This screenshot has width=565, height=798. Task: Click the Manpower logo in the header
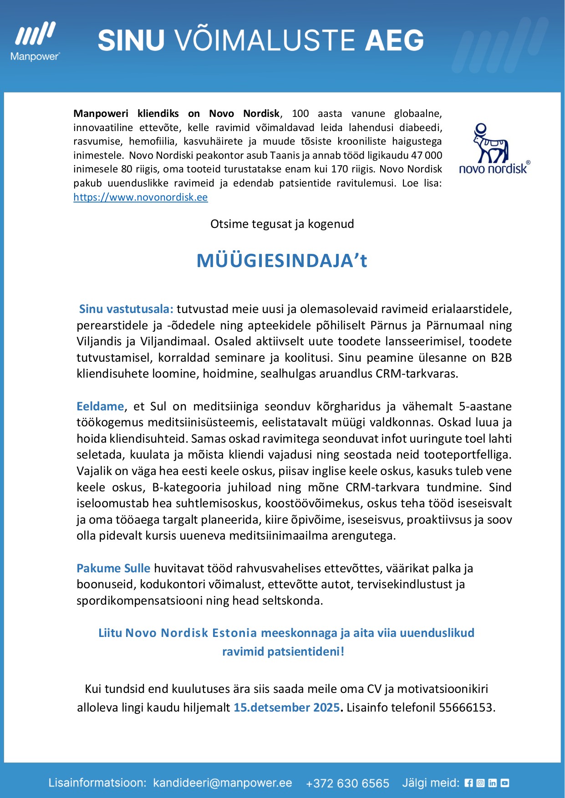[x=35, y=41]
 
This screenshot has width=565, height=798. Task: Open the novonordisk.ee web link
[x=141, y=197]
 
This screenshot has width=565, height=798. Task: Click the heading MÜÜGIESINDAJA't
[x=282, y=261]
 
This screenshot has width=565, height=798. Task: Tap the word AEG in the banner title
[x=394, y=40]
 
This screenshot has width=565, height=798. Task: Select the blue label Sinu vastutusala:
[x=126, y=309]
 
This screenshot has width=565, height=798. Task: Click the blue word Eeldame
[x=100, y=406]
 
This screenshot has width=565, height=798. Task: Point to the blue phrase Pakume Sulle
[x=113, y=568]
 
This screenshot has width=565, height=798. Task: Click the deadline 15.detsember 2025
[x=286, y=707]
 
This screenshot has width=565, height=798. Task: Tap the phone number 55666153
[x=465, y=707]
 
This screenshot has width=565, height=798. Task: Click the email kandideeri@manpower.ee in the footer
[x=223, y=783]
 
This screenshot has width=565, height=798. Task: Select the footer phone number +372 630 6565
[x=347, y=783]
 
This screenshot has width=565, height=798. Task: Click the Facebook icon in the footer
[x=468, y=783]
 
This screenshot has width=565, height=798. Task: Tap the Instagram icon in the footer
[x=480, y=783]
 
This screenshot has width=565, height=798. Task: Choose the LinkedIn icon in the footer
[x=492, y=783]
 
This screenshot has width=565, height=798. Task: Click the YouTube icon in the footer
[x=504, y=783]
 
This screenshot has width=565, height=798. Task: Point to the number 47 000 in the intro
[x=427, y=155]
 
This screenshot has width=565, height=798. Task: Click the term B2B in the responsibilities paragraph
[x=501, y=358]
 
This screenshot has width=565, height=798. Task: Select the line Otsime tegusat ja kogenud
[x=282, y=224]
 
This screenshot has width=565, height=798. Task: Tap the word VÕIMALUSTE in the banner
[x=265, y=40]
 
